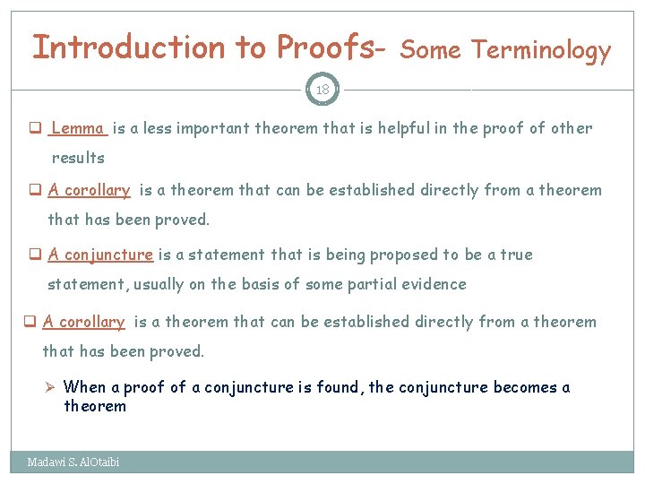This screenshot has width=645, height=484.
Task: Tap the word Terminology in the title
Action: [x=541, y=51]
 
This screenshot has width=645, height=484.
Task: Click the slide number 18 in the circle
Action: [x=322, y=90]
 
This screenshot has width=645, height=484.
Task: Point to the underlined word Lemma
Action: [x=79, y=128]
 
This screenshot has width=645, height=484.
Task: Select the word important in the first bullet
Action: [x=212, y=128]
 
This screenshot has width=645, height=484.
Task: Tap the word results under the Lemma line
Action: [x=78, y=158]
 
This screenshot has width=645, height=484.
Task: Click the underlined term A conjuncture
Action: [x=100, y=255]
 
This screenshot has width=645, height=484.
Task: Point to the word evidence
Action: [x=435, y=284]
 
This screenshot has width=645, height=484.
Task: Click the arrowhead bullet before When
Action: [x=52, y=388]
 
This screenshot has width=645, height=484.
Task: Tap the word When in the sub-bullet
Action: [x=85, y=387]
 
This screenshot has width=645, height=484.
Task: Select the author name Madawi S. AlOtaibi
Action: [x=73, y=462]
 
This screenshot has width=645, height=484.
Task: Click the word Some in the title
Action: [x=431, y=51]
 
